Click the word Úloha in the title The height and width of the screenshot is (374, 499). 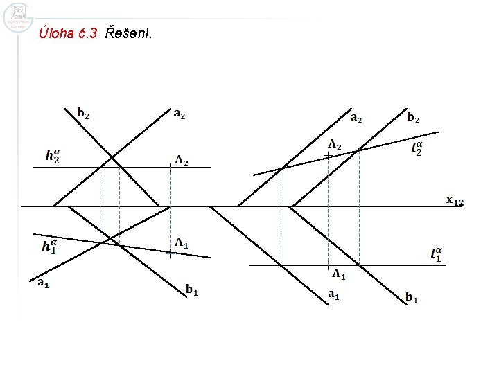(x=58, y=32)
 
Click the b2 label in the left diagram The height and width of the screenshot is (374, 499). (x=82, y=113)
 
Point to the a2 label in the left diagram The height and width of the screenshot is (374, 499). (x=179, y=113)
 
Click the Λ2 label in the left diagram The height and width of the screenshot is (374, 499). (x=182, y=161)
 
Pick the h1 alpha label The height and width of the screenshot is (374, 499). (x=49, y=246)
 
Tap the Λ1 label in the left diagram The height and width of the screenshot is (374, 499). (x=182, y=242)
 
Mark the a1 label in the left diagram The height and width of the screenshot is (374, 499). (x=43, y=282)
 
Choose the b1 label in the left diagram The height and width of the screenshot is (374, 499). (x=192, y=290)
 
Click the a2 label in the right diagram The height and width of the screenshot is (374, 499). (x=356, y=117)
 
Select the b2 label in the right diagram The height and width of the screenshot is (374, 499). (x=412, y=117)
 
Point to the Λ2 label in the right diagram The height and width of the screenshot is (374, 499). (x=334, y=145)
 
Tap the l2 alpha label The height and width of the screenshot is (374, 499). (x=417, y=148)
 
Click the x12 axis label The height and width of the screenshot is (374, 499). (x=454, y=200)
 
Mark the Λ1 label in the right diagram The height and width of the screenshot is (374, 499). (x=339, y=274)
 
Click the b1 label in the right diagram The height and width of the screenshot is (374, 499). (x=412, y=298)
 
